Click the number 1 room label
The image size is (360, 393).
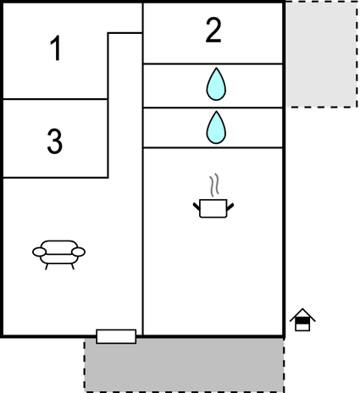(x=56, y=48)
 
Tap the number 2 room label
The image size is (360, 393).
(x=213, y=30)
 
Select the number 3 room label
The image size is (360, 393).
(x=54, y=141)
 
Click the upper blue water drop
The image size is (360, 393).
(x=216, y=84)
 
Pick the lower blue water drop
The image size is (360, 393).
(x=216, y=128)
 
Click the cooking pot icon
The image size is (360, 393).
(x=213, y=208)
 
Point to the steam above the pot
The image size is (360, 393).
(x=214, y=185)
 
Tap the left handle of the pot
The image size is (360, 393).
(x=197, y=207)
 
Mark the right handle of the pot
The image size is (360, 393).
(x=230, y=207)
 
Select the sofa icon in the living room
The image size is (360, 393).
(x=58, y=255)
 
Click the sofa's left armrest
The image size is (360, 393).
(x=39, y=252)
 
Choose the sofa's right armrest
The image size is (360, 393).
(x=78, y=252)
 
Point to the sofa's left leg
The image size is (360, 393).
(x=47, y=267)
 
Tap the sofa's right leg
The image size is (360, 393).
(x=73, y=267)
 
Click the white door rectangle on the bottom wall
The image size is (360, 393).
(x=116, y=336)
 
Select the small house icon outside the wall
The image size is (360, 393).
(x=302, y=319)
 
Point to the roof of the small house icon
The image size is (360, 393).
(x=302, y=313)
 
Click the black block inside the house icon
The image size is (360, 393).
(x=302, y=321)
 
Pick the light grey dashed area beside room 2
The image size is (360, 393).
(x=321, y=54)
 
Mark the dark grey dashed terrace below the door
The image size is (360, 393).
(x=184, y=366)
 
